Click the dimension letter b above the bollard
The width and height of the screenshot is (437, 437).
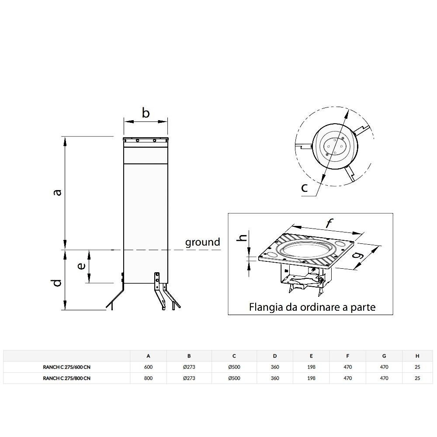click(146, 113)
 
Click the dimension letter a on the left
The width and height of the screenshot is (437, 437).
click(57, 192)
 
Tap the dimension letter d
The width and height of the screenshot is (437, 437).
click(57, 283)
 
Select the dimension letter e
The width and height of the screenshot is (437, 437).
click(81, 266)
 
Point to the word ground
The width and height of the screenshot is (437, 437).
click(203, 242)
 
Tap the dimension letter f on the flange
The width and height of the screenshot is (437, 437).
click(329, 223)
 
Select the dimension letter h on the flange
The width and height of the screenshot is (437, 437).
click(243, 237)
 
